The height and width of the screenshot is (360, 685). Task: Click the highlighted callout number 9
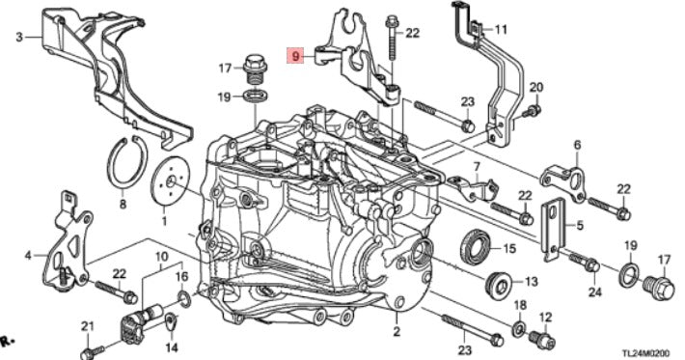pos(296,56)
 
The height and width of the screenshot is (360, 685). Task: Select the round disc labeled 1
pos(170,180)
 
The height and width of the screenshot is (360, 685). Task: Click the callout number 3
pos(18,38)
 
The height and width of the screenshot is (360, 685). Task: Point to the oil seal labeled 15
pos(477,246)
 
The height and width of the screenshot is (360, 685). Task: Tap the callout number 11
pos(501,30)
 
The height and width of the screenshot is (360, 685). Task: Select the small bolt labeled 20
pos(532,111)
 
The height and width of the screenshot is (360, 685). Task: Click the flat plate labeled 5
pos(553,230)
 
